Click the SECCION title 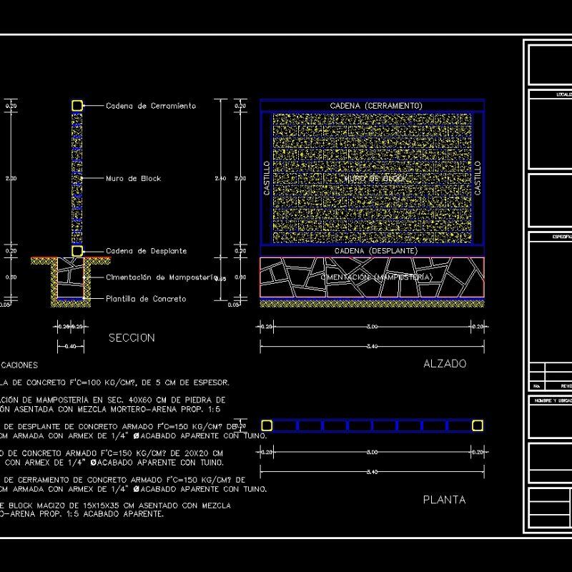point(132,337)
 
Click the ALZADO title point(445,363)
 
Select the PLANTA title point(444,500)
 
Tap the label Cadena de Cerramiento point(150,106)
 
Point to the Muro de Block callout point(133,179)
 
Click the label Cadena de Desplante point(147,251)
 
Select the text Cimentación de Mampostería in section point(161,277)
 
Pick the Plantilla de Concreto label point(146,299)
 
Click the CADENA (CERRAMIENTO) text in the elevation point(376,106)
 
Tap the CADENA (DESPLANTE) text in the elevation point(376,251)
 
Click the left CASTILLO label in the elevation point(267,179)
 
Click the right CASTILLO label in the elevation point(478,179)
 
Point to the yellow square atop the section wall point(77,106)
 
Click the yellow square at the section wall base point(77,251)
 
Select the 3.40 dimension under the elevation point(371,346)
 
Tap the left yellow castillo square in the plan point(267,426)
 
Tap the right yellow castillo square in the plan point(477,426)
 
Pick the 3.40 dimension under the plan point(371,472)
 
